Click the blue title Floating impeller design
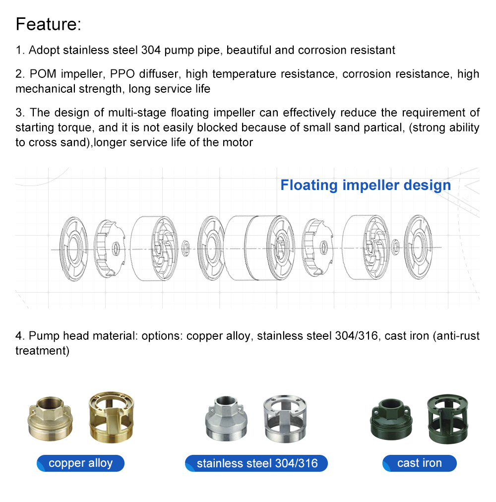click(366, 186)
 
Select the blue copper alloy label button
click(80, 463)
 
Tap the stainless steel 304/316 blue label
click(256, 463)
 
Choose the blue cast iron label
click(419, 463)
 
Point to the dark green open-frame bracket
click(448, 417)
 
